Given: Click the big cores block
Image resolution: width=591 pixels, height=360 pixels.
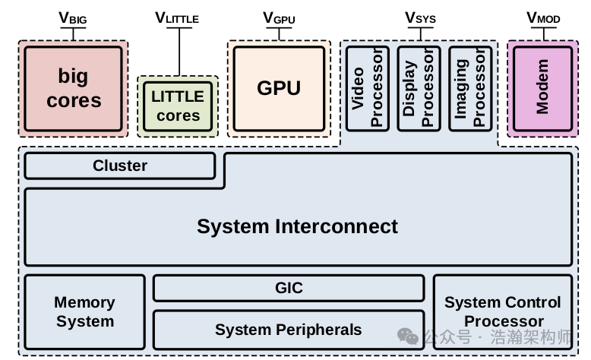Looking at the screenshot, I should tap(74, 88).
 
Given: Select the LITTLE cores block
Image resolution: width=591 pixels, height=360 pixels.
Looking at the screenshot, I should tap(178, 106).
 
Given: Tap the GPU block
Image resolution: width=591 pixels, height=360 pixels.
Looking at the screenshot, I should tap(279, 88).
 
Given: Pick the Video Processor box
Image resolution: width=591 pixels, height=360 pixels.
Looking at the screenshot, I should tap(368, 88).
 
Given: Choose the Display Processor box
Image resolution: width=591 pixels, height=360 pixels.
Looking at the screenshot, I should tap(419, 88).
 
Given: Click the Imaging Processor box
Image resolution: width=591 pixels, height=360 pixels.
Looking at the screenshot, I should tap(470, 88).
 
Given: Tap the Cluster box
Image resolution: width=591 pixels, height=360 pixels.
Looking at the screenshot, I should tap(120, 166).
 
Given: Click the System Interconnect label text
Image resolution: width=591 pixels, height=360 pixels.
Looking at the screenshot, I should tap(297, 226).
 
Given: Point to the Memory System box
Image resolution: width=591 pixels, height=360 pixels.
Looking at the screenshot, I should tap(84, 311).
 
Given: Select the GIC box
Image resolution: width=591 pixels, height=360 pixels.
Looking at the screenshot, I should tap(289, 288).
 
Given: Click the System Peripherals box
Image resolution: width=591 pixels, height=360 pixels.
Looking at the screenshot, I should tap(289, 330).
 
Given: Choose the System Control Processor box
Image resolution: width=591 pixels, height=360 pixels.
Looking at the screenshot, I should tap(503, 311).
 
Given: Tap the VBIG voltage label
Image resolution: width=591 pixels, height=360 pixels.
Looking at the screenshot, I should tap(73, 17).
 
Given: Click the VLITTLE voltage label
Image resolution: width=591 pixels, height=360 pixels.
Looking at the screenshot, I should tap(179, 17).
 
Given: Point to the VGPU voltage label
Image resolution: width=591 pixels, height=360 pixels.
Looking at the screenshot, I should tap(279, 17).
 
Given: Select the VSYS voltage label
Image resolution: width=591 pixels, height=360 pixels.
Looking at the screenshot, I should tap(420, 17).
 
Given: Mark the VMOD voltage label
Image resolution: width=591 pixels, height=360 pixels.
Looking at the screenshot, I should tap(542, 17).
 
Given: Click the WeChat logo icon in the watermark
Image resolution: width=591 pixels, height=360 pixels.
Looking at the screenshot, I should tap(408, 336).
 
